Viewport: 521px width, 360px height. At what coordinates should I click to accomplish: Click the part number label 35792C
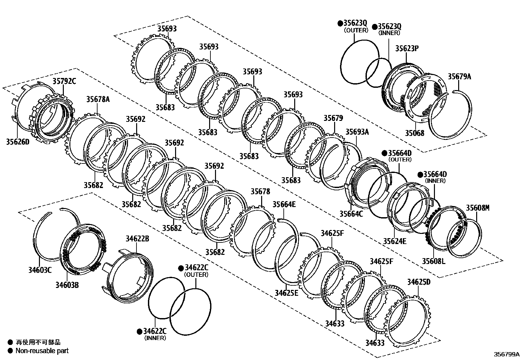(x=64, y=81)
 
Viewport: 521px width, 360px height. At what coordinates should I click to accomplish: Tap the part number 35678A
(x=98, y=99)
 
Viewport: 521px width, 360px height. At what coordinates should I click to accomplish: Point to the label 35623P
(x=407, y=48)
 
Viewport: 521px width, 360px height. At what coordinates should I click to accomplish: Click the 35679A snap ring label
(x=459, y=77)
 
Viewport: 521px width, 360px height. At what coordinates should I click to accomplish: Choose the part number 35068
(x=415, y=133)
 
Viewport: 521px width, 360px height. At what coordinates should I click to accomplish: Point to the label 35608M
(x=478, y=208)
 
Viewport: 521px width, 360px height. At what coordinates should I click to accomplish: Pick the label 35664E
(x=284, y=204)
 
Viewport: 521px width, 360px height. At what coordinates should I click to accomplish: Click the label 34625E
(x=286, y=293)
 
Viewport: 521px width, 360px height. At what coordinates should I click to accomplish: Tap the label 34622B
(x=137, y=239)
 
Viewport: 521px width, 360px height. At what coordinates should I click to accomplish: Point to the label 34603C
(x=40, y=270)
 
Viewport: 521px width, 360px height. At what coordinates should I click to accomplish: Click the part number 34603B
(x=67, y=285)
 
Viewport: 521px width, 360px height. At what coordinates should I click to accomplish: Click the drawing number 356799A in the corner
(x=507, y=354)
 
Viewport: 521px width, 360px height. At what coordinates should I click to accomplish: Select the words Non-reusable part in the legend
(x=42, y=351)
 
